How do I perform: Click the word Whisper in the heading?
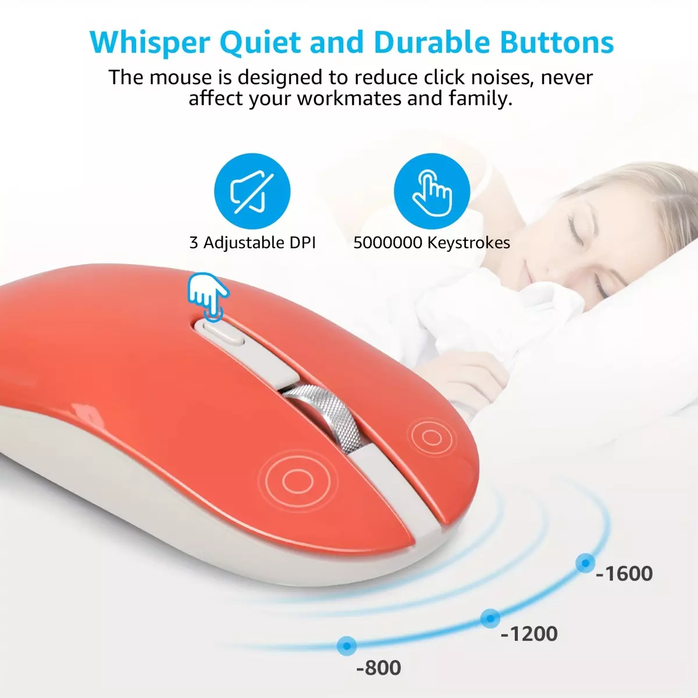(149, 42)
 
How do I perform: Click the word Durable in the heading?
(432, 42)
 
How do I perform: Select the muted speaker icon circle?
(252, 191)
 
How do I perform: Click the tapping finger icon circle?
(432, 191)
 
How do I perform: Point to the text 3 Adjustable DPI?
(252, 243)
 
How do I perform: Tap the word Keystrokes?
(469, 243)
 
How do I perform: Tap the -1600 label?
(624, 574)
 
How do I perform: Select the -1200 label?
(529, 633)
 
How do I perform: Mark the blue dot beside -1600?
(585, 563)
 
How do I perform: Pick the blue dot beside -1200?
(490, 618)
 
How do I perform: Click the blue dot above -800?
(347, 646)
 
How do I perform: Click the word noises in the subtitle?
(510, 77)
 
